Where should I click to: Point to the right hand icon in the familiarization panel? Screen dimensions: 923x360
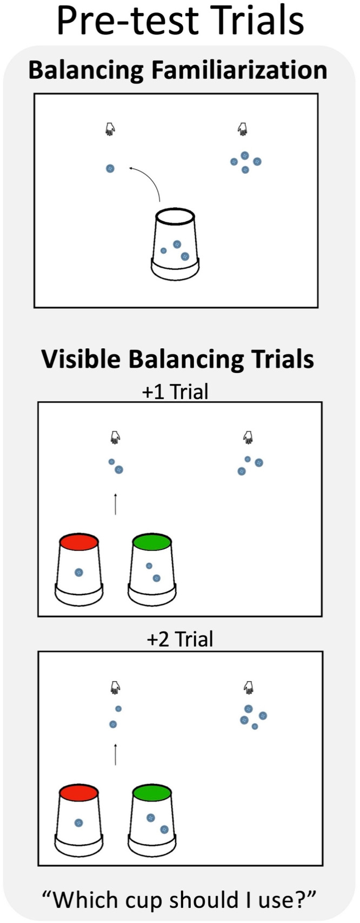click(243, 129)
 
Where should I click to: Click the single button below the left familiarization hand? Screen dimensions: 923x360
click(110, 169)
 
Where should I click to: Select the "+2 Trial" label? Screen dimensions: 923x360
click(179, 639)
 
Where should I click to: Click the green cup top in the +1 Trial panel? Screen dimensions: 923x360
click(152, 542)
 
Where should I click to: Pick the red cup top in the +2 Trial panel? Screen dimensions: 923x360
click(79, 794)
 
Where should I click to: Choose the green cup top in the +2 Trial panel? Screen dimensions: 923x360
click(152, 794)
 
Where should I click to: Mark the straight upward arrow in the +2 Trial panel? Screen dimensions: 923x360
click(115, 754)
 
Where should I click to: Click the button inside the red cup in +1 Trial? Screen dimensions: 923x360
click(79, 572)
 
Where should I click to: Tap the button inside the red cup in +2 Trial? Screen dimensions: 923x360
click(79, 822)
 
